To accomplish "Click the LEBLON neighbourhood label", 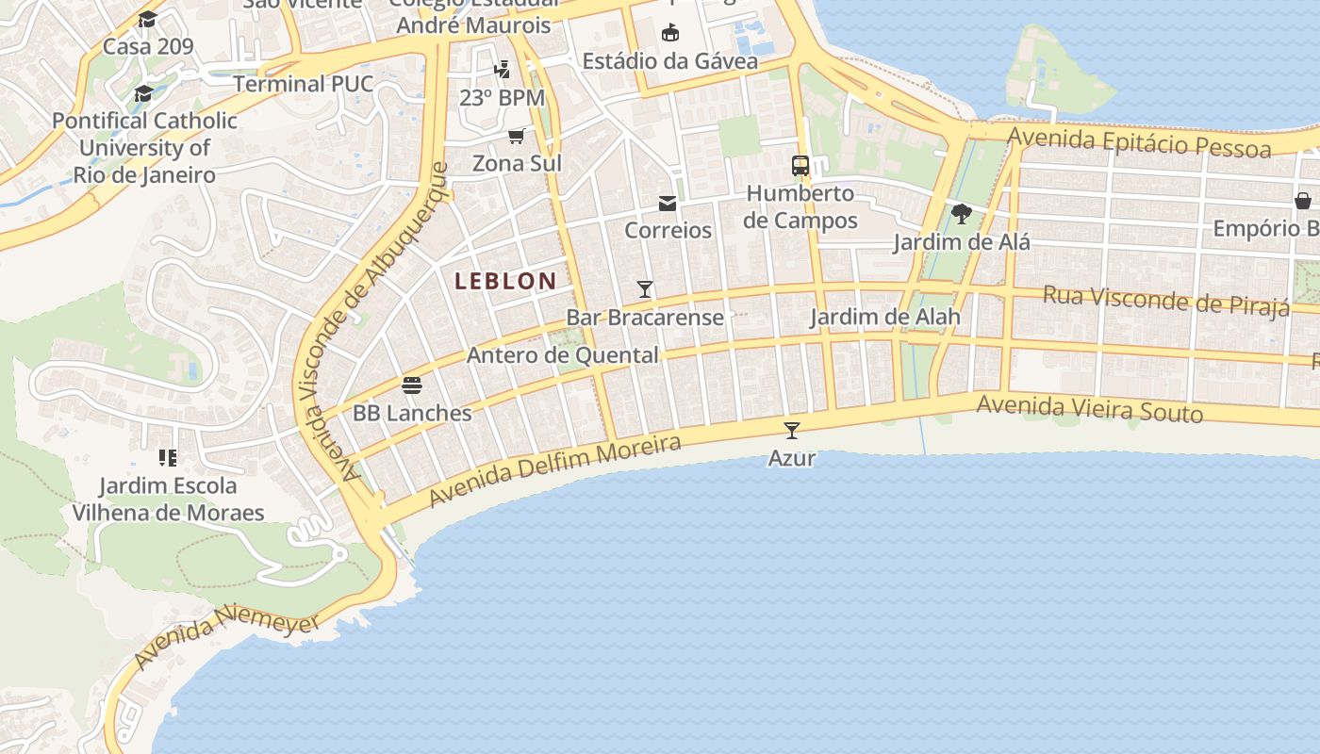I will [505, 281].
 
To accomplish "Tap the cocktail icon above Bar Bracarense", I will [645, 289].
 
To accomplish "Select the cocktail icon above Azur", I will [792, 431].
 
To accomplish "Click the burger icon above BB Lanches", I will [412, 385].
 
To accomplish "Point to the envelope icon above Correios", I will [668, 204].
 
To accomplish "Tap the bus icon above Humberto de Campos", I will [800, 166].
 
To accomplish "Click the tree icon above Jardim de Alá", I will [962, 214].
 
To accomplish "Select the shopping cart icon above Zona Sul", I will [517, 137].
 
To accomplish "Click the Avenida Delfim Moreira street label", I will [554, 469].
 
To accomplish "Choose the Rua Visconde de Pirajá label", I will [1165, 301].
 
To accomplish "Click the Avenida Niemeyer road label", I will [226, 639].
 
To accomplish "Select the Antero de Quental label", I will [563, 355].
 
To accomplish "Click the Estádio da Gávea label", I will [669, 61].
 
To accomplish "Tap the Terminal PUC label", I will [304, 84].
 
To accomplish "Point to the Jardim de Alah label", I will [885, 317].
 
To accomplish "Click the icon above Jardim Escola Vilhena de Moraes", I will [168, 458].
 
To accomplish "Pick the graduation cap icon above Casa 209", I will [147, 19].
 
